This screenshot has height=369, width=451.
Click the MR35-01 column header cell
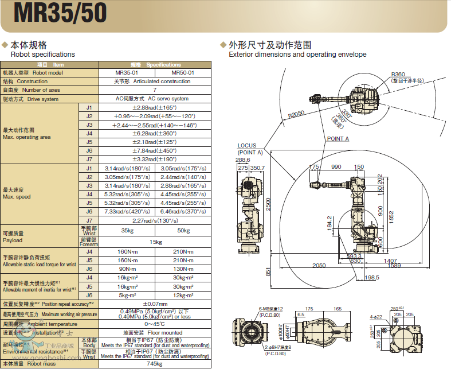pos(127,73)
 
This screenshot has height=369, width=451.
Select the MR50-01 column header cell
pos(183,73)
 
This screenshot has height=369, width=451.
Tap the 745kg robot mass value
pos(155,364)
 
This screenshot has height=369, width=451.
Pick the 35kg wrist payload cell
pos(127,230)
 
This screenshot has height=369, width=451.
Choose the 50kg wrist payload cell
pos(183,230)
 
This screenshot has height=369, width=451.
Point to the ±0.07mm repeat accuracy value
pos(155,304)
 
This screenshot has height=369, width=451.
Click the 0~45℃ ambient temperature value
pos(155,324)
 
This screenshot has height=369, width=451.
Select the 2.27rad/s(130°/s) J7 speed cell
pos(155,220)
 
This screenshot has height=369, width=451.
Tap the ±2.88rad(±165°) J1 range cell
pos(155,107)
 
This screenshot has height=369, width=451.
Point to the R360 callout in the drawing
pos(398,75)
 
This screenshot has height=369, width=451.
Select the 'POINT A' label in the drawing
pos(338,138)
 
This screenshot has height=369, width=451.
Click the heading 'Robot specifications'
pos(42,55)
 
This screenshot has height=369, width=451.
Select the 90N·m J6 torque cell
pos(127,269)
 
